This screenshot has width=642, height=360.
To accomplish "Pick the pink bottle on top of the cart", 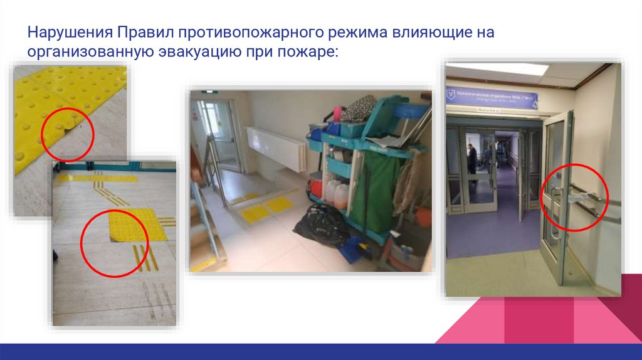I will pyautogui.click(x=337, y=113).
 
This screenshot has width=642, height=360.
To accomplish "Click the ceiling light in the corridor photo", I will pyautogui.click(x=499, y=68).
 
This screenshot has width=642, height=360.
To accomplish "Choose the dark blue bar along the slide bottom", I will pyautogui.click(x=321, y=351).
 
